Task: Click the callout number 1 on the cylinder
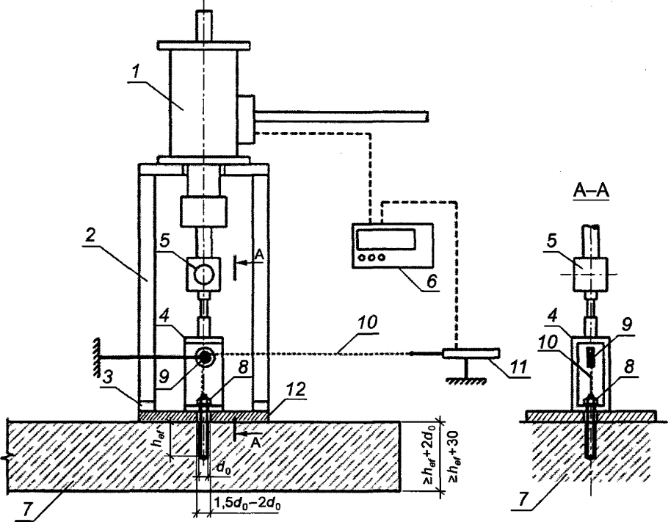click(136, 72)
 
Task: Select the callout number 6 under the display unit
click(432, 282)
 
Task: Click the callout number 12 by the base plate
click(297, 391)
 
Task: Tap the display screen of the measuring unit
click(386, 239)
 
